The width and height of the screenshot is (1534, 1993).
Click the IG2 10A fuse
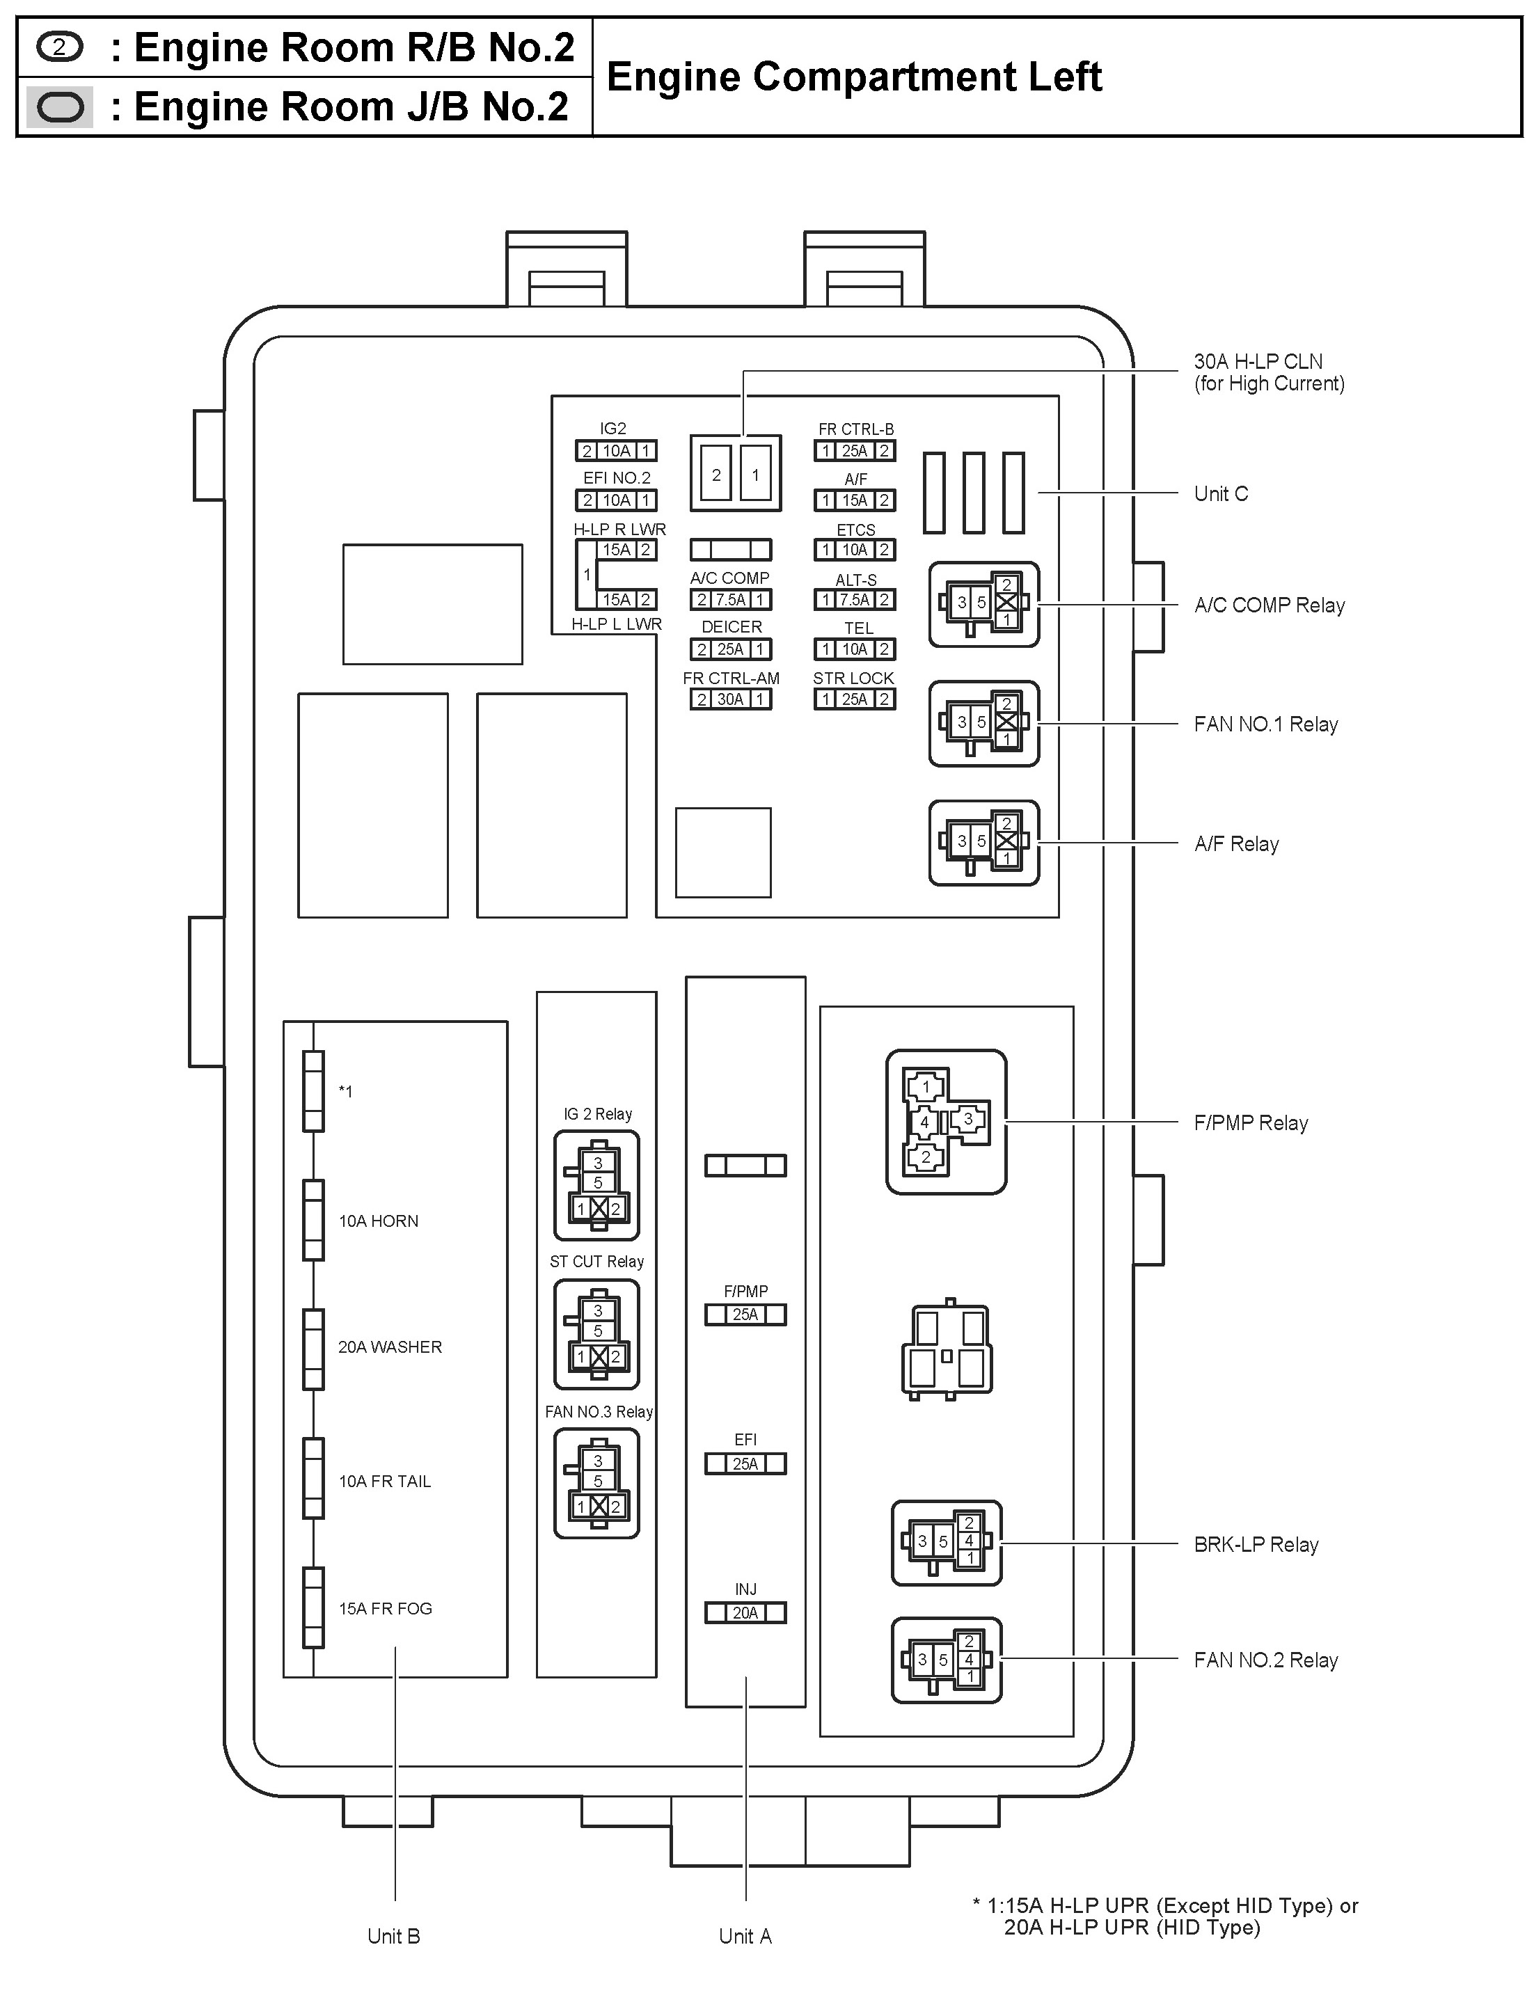616,451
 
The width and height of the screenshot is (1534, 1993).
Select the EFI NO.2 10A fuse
616,500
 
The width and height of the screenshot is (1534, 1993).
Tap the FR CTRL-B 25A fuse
854,451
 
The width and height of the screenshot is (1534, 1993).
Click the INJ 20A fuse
745,1613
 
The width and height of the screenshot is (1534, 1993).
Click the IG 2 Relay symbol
596,1185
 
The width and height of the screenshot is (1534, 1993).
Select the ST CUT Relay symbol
596,1334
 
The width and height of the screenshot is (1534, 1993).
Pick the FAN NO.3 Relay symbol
596,1484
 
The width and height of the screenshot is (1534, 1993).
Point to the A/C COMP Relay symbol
983,604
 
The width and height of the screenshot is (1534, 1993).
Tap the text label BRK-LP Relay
1256,1545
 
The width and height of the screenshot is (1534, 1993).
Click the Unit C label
1220,493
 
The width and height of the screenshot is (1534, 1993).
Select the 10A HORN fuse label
378,1221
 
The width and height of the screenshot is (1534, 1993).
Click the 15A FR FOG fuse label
385,1609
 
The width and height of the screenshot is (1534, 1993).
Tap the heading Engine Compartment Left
854,77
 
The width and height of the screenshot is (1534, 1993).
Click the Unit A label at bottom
745,1937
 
